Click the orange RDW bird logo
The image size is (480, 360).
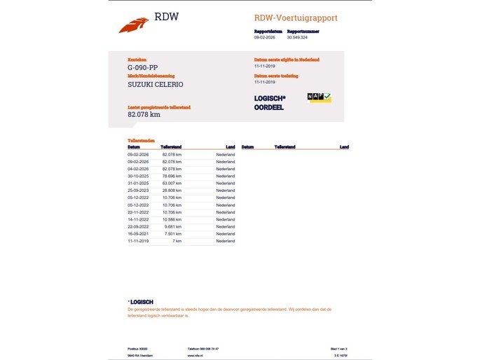pos(134,25)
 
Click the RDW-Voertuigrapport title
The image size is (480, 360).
pos(295,18)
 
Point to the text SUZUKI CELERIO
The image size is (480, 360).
pos(156,84)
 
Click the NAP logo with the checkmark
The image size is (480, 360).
pos(320,98)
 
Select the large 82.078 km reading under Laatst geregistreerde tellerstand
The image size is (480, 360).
pos(144,114)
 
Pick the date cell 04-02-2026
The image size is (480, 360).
pos(138,169)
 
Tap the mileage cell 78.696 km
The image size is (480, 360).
pos(172,176)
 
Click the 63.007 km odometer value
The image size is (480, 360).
pos(172,184)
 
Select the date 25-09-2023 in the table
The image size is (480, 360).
pos(138,191)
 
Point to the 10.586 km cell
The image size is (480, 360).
pos(172,219)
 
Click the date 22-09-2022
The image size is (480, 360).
pos(138,226)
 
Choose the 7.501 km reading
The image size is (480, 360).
pos(173,234)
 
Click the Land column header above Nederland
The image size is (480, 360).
pos(231,147)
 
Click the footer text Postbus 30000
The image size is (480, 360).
pos(138,348)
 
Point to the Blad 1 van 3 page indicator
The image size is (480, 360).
pos(338,348)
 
